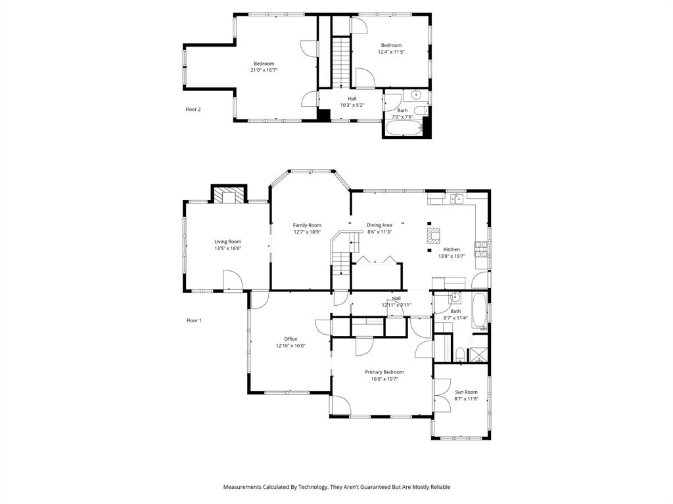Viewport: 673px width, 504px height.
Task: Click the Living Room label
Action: coord(227,241)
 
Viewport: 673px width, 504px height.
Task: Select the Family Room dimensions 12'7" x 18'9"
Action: coord(307,232)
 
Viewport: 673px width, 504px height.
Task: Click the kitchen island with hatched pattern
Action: coord(432,235)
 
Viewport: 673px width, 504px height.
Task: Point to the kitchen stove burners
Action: coord(481,249)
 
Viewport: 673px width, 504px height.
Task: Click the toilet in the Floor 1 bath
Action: coord(460,355)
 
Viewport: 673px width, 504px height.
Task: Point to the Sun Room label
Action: coord(466,392)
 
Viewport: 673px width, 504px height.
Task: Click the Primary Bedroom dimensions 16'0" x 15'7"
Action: coord(384,379)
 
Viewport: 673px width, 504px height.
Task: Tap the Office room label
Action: coord(290,339)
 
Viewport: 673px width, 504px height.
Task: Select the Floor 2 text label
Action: coord(193,109)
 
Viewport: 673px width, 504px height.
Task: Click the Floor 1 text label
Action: coord(194,320)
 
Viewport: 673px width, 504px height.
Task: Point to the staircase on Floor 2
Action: coord(341,62)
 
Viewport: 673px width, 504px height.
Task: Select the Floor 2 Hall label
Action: coord(352,98)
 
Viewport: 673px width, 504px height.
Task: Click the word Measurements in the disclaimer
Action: coord(244,487)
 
